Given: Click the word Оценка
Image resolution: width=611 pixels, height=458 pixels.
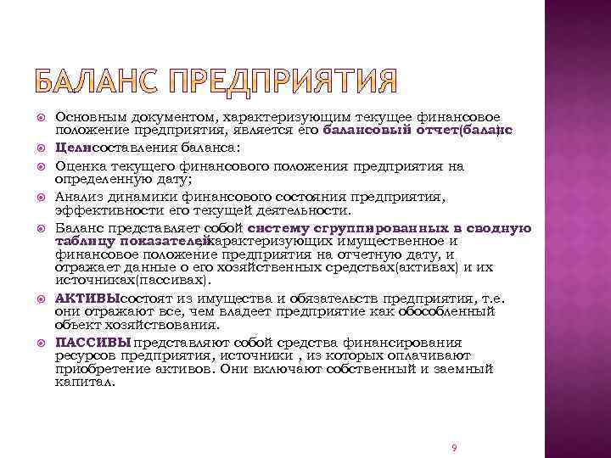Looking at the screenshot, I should [x=80, y=166].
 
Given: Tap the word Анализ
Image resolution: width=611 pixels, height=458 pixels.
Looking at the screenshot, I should [x=79, y=196].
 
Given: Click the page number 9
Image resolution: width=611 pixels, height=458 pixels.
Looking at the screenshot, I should [x=455, y=447].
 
